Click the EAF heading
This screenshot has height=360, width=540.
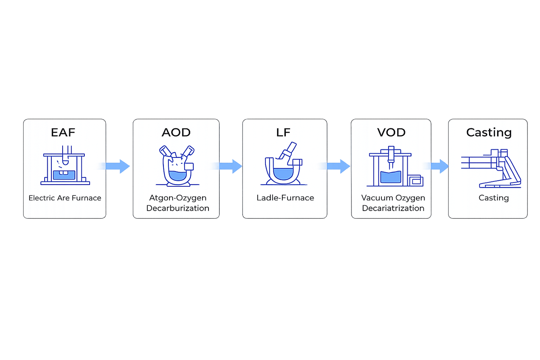[63, 132]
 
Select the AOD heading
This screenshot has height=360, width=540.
[176, 132]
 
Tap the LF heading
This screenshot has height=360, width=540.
[283, 132]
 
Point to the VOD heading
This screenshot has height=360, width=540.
[391, 132]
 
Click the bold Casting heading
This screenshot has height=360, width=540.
[489, 132]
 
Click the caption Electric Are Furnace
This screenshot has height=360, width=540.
[65, 198]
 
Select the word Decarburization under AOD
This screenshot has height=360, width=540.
[178, 208]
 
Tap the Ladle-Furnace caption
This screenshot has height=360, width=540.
[285, 198]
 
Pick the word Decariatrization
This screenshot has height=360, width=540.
[393, 208]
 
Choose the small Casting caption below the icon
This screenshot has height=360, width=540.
[493, 198]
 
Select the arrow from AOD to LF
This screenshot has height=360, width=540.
[231, 166]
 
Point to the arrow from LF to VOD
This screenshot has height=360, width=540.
[339, 166]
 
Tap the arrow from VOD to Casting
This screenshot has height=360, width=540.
[439, 166]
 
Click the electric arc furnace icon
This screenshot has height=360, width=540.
[65, 166]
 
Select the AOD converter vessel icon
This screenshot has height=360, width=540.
[177, 166]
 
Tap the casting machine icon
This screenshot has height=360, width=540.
[492, 168]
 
